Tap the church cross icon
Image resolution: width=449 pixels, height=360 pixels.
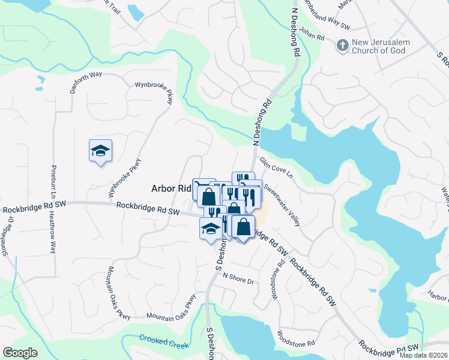pyautogui.click(x=342, y=45)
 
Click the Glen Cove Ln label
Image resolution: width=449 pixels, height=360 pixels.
pyautogui.click(x=276, y=168)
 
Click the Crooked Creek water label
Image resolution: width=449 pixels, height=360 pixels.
pyautogui.click(x=164, y=341)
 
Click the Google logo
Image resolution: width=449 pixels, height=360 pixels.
pyautogui.click(x=20, y=353)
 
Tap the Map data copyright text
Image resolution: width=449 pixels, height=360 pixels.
pyautogui.click(x=424, y=355)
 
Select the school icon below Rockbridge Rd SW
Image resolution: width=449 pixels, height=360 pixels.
pyautogui.click(x=210, y=229)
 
